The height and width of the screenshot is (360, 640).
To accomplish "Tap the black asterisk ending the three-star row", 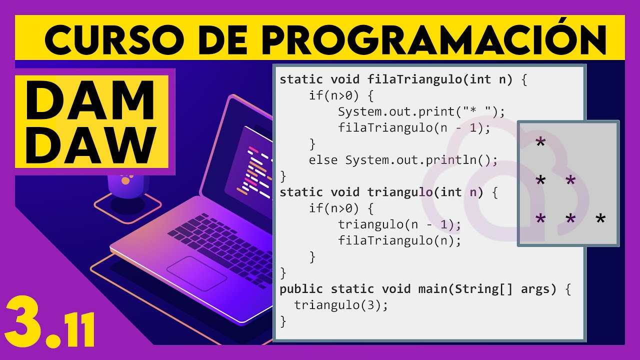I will point(600,219).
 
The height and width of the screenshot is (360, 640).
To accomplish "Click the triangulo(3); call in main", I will point(341,305).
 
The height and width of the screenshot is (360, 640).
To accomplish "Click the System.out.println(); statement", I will point(421,160).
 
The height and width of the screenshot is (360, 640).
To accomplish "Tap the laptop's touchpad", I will point(196,272).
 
